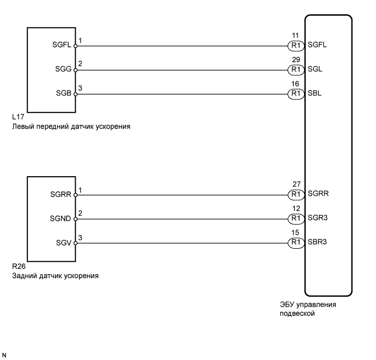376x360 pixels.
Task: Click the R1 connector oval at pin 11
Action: click(296, 46)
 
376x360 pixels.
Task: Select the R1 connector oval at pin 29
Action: click(296, 70)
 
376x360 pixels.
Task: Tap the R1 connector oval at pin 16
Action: click(296, 94)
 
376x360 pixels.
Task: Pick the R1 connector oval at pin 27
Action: click(296, 194)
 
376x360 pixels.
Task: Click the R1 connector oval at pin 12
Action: click(296, 218)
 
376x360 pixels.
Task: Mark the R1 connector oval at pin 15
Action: click(296, 242)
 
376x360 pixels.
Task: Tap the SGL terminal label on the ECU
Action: click(315, 70)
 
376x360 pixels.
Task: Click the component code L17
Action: click(17, 117)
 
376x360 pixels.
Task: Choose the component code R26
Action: click(18, 267)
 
